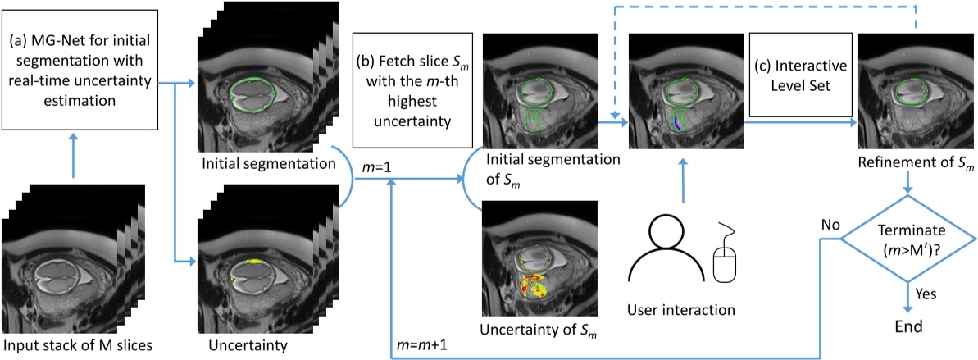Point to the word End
(907, 326)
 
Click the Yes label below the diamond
(927, 291)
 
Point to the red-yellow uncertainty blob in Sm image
(533, 287)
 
